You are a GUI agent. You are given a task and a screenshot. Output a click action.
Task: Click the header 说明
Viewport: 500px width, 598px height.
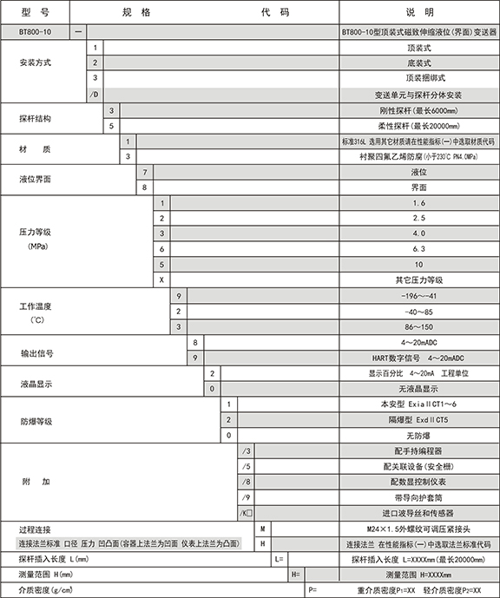click(x=419, y=12)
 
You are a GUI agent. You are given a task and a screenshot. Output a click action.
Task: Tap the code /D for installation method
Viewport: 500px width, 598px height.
click(x=95, y=94)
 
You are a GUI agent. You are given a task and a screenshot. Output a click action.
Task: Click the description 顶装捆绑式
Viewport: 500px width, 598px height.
click(x=419, y=78)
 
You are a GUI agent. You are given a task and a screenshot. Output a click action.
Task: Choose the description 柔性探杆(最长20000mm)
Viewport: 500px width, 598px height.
click(x=419, y=125)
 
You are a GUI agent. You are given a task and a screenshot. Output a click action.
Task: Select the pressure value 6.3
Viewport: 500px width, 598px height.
click(x=419, y=247)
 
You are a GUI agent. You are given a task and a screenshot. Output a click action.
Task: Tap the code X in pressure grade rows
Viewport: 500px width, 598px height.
click(x=161, y=279)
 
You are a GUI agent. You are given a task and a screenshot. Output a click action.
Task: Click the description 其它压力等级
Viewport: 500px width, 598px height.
click(x=419, y=279)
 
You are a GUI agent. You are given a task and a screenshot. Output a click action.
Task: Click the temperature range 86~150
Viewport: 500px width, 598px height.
click(x=419, y=326)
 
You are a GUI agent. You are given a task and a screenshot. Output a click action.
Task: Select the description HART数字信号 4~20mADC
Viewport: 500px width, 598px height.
click(x=419, y=357)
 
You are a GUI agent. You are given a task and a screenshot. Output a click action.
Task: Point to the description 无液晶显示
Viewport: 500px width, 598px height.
click(x=419, y=388)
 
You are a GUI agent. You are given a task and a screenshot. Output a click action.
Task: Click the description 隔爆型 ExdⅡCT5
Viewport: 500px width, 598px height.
click(x=419, y=419)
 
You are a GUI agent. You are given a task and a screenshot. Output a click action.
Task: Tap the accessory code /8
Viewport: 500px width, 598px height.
click(x=247, y=481)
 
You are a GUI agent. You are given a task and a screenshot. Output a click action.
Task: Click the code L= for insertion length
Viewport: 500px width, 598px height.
click(x=279, y=560)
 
